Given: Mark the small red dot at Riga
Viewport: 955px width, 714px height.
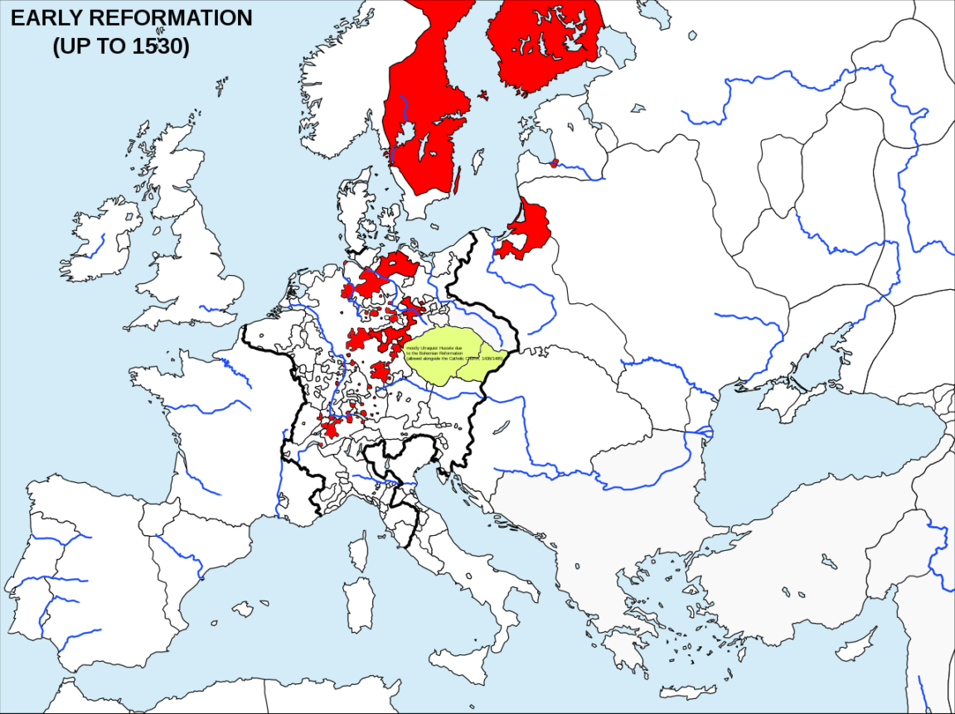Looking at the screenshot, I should (555, 162).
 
